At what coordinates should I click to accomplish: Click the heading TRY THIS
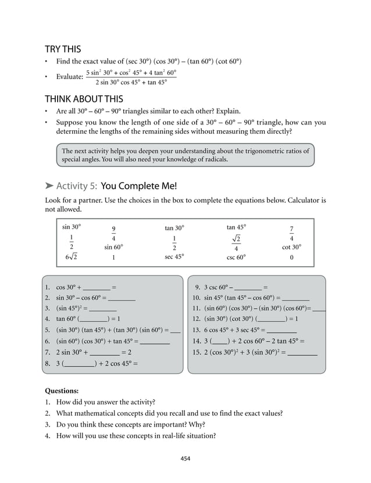tap(63, 49)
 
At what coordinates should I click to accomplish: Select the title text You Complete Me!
tap(138, 186)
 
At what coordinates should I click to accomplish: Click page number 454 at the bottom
tap(185, 459)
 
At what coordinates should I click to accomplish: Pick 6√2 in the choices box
tap(72, 257)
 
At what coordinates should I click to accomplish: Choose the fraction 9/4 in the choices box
tap(113, 233)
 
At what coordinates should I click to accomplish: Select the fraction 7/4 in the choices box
tap(291, 233)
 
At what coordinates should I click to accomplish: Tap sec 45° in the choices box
tap(174, 256)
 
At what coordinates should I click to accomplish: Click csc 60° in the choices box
tap(236, 256)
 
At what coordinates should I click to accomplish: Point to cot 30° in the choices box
tap(291, 246)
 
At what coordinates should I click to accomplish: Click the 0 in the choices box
tap(291, 257)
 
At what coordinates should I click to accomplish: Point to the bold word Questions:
tap(62, 391)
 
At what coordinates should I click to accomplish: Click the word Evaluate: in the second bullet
tap(69, 77)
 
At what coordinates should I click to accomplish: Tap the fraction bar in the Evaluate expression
tap(131, 77)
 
